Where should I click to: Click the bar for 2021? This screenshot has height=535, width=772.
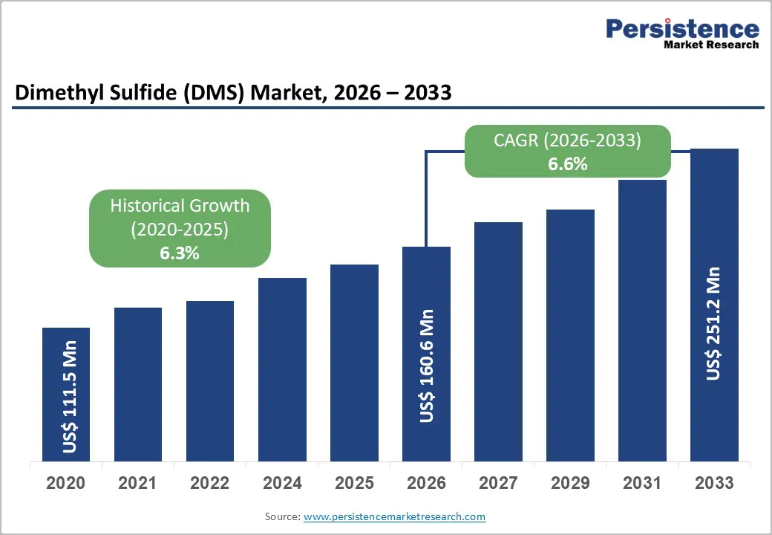coord(138,384)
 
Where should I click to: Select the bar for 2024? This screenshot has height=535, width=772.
coord(282,369)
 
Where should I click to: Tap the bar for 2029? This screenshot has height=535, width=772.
coord(570,335)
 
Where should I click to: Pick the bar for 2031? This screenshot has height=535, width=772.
coord(642,320)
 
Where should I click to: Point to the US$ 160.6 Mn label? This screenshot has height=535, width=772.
coord(427,366)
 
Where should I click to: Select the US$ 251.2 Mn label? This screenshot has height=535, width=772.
coord(713,323)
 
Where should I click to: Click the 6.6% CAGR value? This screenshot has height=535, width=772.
coord(568,164)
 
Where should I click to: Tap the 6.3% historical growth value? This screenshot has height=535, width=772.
coord(180,253)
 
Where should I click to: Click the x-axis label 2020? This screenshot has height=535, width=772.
coord(65,483)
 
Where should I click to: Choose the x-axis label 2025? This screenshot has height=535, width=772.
coord(354,483)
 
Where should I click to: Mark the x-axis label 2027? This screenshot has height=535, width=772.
coord(498,483)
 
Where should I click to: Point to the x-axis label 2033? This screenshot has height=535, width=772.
coord(714,483)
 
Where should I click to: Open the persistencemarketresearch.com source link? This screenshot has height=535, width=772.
coord(394,516)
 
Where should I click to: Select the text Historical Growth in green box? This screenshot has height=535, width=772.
coord(180,206)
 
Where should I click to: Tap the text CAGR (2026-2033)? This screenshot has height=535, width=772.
coord(568,140)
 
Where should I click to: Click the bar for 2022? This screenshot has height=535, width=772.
coord(210,380)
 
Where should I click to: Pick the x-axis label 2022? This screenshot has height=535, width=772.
coord(210,483)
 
